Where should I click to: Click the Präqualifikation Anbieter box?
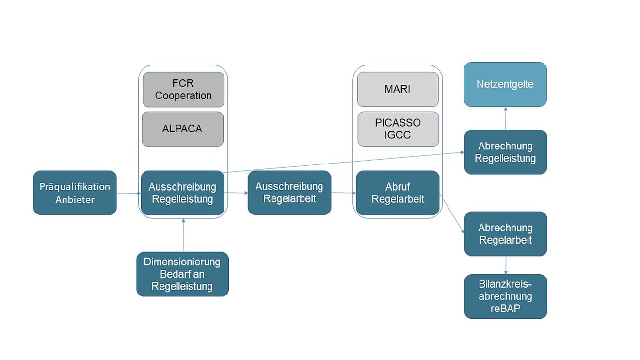pyautogui.click(x=75, y=193)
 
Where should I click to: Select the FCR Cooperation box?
pyautogui.click(x=183, y=89)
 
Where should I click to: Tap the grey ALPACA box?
pyautogui.click(x=183, y=129)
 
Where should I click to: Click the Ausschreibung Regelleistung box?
pyautogui.click(x=182, y=193)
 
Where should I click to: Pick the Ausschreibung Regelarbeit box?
pyautogui.click(x=289, y=193)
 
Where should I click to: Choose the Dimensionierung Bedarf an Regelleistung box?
pyautogui.click(x=182, y=274)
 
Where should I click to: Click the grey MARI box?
pyautogui.click(x=398, y=89)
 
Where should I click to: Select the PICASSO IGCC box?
pyautogui.click(x=398, y=129)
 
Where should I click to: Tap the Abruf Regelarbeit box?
pyautogui.click(x=398, y=193)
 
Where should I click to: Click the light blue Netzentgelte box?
pyautogui.click(x=505, y=84)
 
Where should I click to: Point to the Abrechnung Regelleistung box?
pyautogui.click(x=506, y=152)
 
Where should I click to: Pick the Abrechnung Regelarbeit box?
pyautogui.click(x=506, y=234)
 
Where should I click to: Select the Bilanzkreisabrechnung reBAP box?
pyautogui.click(x=506, y=296)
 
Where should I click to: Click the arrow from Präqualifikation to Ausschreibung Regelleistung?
pyautogui.click(x=128, y=193)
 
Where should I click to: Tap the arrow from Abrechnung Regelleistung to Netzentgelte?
pyautogui.click(x=505, y=118)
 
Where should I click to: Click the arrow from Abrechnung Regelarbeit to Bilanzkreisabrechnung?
pyautogui.click(x=506, y=265)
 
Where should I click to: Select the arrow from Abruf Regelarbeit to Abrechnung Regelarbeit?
pyautogui.click(x=452, y=213)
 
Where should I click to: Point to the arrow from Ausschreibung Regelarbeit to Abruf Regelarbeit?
pyautogui.click(x=343, y=193)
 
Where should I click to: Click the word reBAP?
pyautogui.click(x=506, y=308)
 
